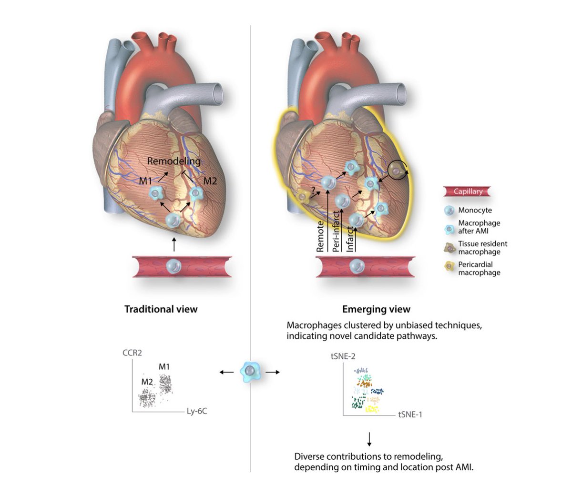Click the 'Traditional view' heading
161,309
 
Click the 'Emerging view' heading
376,309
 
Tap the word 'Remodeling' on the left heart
174,161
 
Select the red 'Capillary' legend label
468,192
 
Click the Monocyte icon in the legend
448,210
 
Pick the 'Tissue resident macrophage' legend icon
449,247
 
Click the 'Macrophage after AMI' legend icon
449,227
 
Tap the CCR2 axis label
132,353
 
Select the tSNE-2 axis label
343,356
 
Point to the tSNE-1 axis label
410,414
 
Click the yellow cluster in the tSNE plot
372,409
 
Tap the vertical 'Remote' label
320,236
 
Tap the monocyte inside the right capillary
355,266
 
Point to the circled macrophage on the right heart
397,169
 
